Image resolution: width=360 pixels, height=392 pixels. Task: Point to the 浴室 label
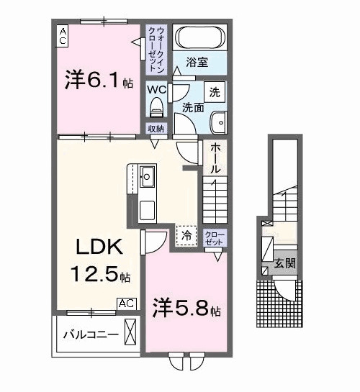[197, 62]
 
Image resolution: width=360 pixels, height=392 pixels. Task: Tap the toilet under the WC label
[156, 108]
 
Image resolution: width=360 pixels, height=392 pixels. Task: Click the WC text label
[156, 90]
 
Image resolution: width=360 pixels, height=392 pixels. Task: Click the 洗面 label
[192, 108]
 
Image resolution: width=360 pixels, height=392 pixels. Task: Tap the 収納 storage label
[156, 128]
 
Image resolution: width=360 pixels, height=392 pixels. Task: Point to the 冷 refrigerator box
[186, 235]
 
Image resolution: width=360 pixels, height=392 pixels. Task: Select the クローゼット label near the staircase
[214, 238]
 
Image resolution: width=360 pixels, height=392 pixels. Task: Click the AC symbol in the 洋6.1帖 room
[63, 36]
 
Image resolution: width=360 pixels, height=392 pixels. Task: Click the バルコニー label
[89, 334]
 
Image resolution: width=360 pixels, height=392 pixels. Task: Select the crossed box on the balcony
[130, 334]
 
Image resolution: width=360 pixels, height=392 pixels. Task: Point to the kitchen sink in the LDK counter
[147, 176]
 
